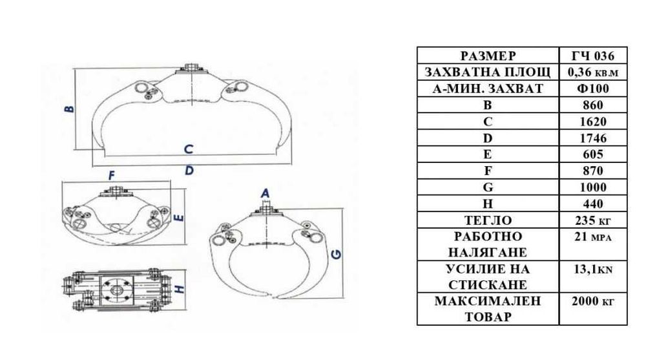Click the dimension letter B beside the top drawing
click(x=70, y=109)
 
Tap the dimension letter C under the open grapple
click(x=189, y=149)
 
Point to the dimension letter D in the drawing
click(x=189, y=170)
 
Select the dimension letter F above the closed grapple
click(x=112, y=176)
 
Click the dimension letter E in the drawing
click(x=179, y=217)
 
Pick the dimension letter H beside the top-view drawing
click(x=180, y=288)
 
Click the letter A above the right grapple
click(x=266, y=193)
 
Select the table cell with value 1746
click(x=593, y=138)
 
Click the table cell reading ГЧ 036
click(x=593, y=56)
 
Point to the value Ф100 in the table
click(x=593, y=89)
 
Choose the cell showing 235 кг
click(x=593, y=220)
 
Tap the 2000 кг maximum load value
click(x=593, y=301)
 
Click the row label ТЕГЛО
click(x=488, y=220)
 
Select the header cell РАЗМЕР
click(x=488, y=56)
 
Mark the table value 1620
click(x=593, y=122)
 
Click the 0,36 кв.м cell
click(x=593, y=72)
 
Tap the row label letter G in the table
click(x=488, y=187)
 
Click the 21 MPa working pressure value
click(x=593, y=237)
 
